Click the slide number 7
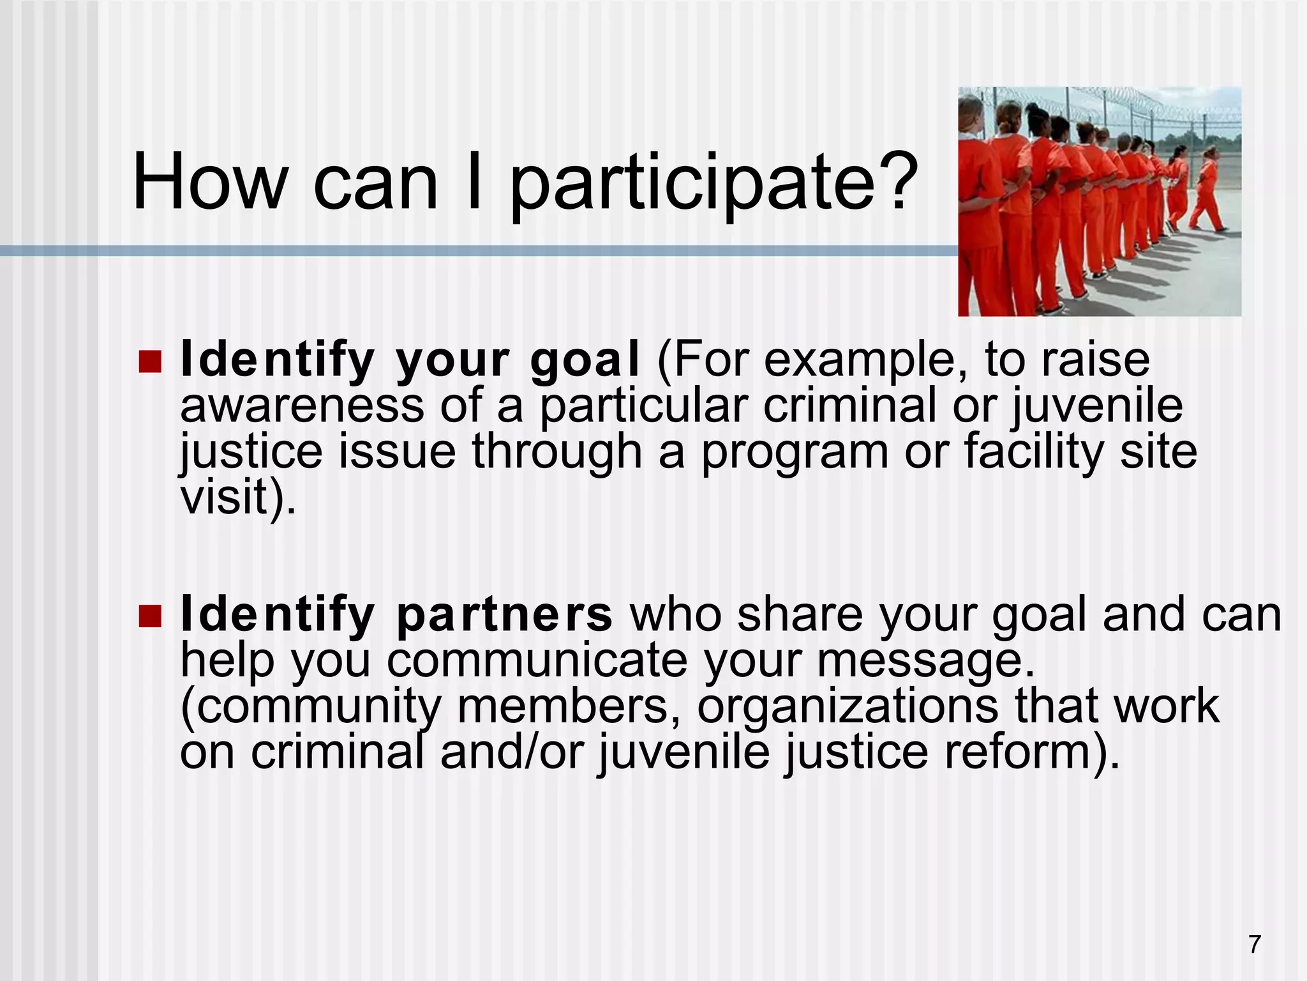[x=1255, y=944]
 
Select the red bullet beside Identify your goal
[x=151, y=362]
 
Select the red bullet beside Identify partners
[x=151, y=616]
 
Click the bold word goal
[x=585, y=361]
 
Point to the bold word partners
[x=504, y=616]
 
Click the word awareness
[x=301, y=407]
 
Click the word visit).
[x=238, y=498]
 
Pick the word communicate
[x=537, y=661]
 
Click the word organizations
[x=847, y=706]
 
